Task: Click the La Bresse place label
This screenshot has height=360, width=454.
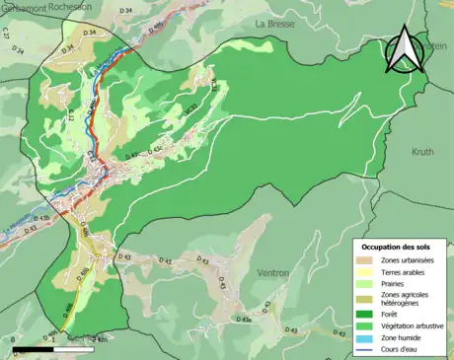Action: click(x=275, y=23)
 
